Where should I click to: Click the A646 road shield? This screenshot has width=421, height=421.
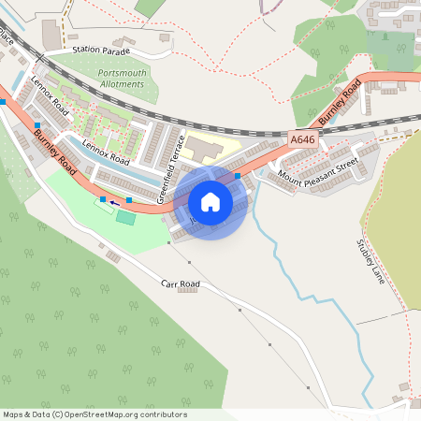(x=302, y=138)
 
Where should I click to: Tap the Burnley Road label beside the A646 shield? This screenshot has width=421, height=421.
(x=339, y=103)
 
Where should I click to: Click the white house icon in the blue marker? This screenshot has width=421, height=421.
(x=210, y=201)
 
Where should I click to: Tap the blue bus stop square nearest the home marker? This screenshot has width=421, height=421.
(x=238, y=175)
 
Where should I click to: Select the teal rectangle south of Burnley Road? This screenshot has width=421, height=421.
(x=125, y=216)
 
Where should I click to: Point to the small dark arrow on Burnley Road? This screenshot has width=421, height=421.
(x=114, y=201)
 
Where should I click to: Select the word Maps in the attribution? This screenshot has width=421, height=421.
(x=13, y=414)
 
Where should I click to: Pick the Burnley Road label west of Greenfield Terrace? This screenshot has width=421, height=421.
(x=55, y=149)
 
